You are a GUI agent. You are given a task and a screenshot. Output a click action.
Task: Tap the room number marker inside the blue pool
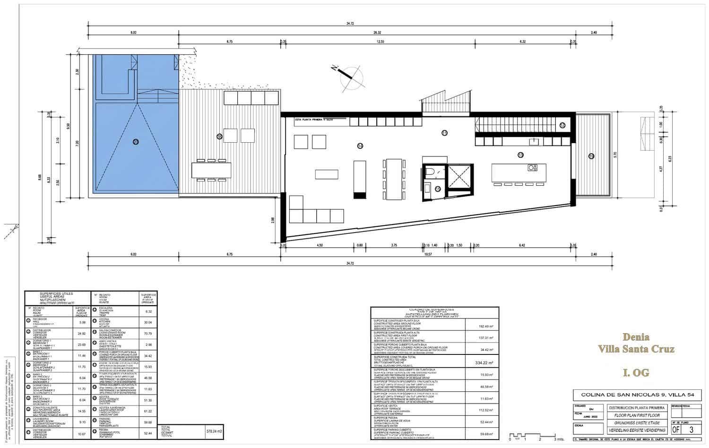[136, 141]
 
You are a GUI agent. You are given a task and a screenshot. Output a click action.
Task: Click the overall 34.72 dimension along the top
[350, 23]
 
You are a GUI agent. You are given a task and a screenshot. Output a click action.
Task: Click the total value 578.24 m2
[214, 431]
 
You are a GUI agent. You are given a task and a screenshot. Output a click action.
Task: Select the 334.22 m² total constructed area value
[482, 363]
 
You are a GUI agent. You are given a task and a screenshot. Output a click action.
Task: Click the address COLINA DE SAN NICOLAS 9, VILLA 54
[637, 395]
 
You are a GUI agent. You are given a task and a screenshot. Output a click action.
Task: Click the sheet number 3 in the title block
[692, 429]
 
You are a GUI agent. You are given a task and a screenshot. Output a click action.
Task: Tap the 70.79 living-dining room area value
[148, 334]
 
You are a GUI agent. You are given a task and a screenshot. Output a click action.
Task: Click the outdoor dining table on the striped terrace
[211, 169]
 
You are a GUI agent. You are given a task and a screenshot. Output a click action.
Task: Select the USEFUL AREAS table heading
[56, 296]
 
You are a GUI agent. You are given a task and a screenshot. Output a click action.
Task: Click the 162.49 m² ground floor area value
[482, 326]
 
